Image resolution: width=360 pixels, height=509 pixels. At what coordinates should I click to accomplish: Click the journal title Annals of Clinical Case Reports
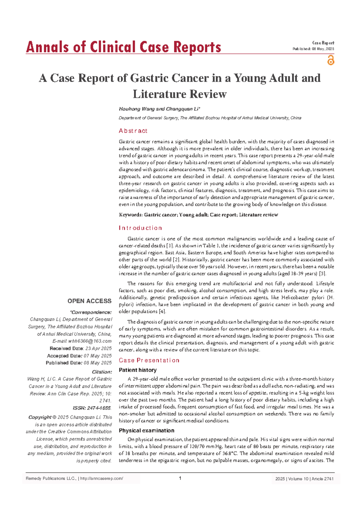pyautogui.click(x=123, y=47)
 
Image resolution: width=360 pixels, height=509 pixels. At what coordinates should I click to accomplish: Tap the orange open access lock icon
pyautogui.click(x=331, y=60)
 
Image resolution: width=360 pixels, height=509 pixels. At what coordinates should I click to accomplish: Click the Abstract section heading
pyautogui.click(x=133, y=131)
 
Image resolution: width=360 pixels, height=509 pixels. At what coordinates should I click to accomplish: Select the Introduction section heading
pyautogui.click(x=140, y=228)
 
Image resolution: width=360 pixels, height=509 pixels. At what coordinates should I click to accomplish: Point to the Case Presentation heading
pyautogui.click(x=149, y=360)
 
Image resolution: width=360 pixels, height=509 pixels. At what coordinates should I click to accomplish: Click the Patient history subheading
pyautogui.click(x=138, y=370)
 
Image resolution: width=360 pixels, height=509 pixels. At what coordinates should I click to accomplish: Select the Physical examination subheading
pyautogui.click(x=146, y=431)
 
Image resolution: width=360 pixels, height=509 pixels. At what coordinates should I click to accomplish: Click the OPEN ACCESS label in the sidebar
pyautogui.click(x=89, y=301)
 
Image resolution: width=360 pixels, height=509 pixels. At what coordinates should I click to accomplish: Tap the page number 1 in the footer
pyautogui.click(x=180, y=478)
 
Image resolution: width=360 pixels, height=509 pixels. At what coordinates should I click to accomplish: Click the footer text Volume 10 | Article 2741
pyautogui.click(x=311, y=479)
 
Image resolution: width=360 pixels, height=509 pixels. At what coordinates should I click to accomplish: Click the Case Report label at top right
pyautogui.click(x=323, y=43)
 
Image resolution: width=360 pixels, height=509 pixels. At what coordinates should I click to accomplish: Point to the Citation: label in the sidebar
pyautogui.click(x=102, y=372)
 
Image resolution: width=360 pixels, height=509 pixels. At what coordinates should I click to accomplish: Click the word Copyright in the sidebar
pyautogui.click(x=40, y=417)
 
